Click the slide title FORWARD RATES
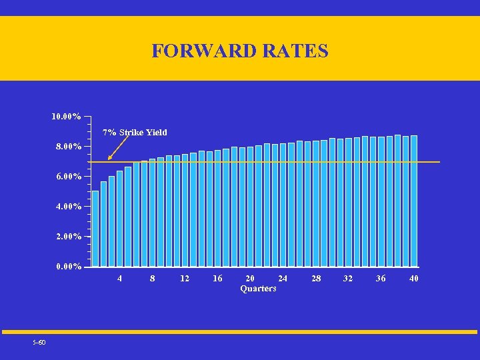coord(240,51)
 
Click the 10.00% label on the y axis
coord(67,117)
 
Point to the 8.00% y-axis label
coord(67,146)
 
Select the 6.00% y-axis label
coord(67,177)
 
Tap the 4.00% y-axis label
coord(67,207)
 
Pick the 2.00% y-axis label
coord(67,237)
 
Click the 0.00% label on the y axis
coord(67,267)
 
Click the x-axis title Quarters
coord(258,289)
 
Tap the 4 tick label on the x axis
coord(120,279)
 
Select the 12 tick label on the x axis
coord(185,279)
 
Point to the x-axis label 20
coord(250,279)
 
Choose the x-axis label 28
coord(316,279)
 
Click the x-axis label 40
coord(414,279)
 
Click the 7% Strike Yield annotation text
coord(135,132)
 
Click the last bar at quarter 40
coord(414,201)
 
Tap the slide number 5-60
coord(39,343)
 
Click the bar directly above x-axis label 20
coord(251,207)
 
